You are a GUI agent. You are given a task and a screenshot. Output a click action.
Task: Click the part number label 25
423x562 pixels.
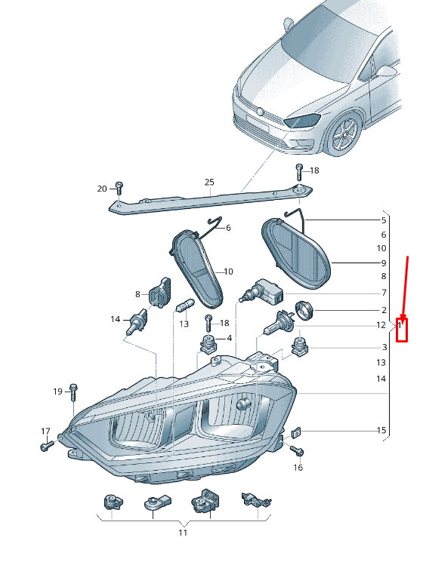[x=209, y=182]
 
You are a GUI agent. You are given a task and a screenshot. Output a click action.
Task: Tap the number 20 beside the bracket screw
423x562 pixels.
[x=102, y=189]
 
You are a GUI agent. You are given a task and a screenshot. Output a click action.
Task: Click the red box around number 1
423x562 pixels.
[x=402, y=330]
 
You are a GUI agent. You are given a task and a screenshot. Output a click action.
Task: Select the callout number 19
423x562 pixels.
[x=57, y=392]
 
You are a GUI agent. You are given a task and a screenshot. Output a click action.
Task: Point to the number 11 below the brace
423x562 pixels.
[x=183, y=533]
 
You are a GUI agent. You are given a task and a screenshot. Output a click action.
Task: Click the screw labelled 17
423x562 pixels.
[x=47, y=446]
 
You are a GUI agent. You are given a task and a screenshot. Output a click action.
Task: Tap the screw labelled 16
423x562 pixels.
[x=297, y=450]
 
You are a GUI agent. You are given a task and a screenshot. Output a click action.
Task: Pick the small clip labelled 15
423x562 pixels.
[x=296, y=433]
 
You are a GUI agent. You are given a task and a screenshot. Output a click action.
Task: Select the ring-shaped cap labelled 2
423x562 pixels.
[x=304, y=310]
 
